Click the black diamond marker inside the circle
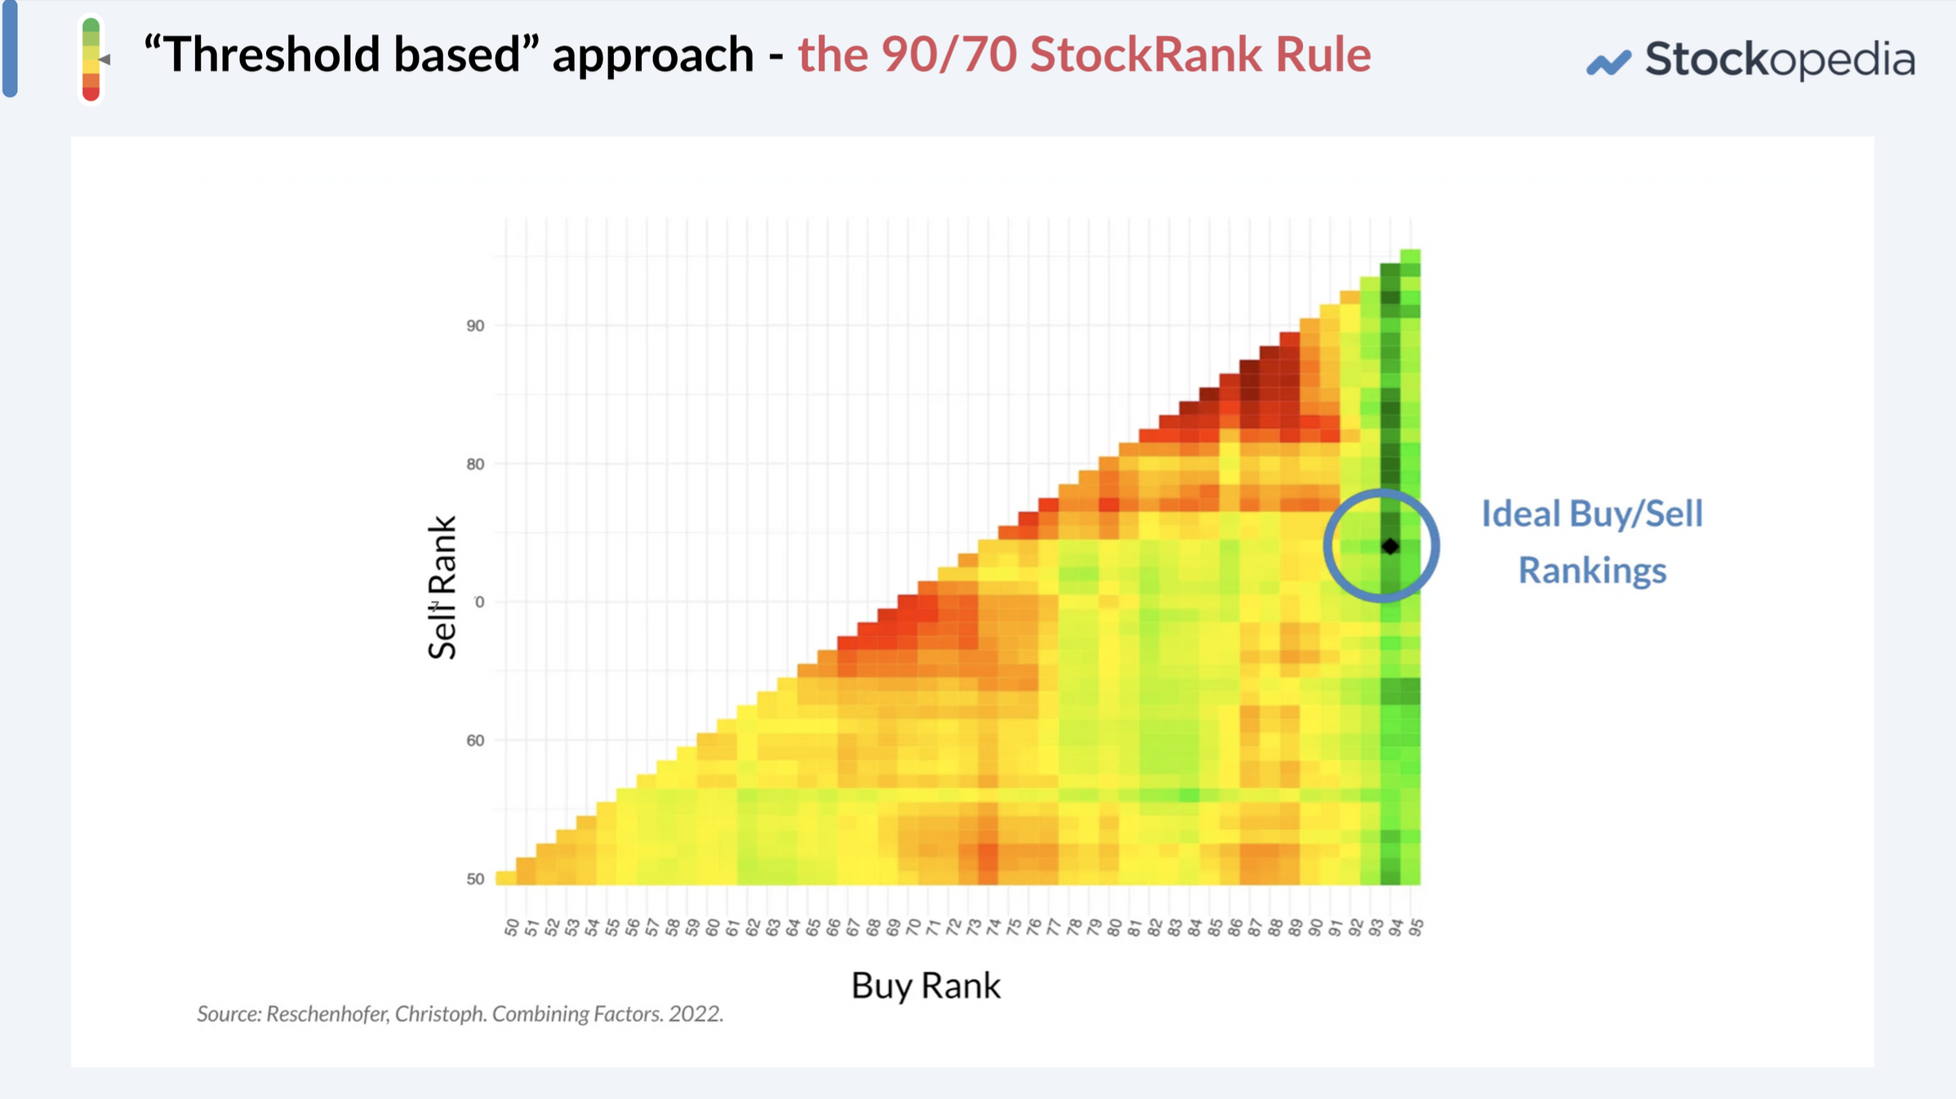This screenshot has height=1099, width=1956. click(1390, 546)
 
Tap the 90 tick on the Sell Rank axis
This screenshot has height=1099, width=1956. click(475, 326)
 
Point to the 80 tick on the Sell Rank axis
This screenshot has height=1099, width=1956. click(475, 464)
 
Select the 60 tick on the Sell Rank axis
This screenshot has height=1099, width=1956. click(475, 741)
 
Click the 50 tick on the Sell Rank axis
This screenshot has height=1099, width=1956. click(475, 879)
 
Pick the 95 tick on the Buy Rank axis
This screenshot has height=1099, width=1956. click(1416, 928)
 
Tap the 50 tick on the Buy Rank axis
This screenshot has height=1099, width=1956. click(512, 928)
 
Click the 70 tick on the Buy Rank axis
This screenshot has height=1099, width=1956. click(914, 928)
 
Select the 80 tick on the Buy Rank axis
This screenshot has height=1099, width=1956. click(1114, 928)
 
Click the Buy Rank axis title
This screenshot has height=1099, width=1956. click(925, 986)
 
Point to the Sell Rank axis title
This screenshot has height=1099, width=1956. click(442, 587)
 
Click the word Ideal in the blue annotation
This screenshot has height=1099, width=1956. click(1520, 514)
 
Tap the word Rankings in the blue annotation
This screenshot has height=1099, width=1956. click(1592, 570)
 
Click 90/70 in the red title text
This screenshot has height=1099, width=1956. click(949, 55)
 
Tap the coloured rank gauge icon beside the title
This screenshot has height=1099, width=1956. click(91, 60)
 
